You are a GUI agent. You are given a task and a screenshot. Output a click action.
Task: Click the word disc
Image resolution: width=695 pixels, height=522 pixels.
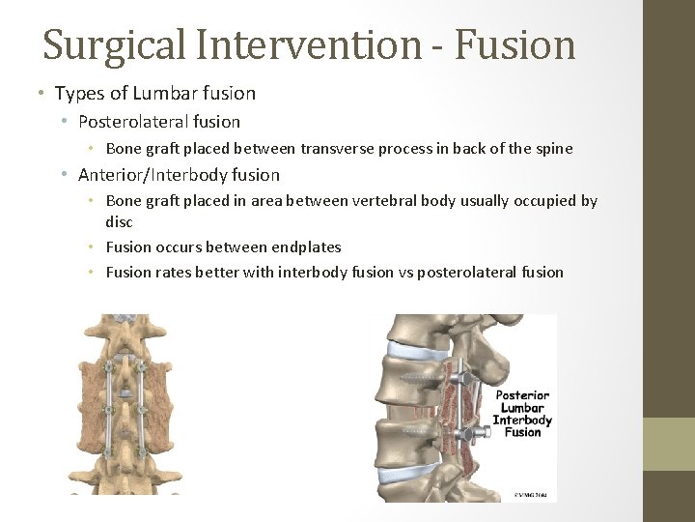point(119,221)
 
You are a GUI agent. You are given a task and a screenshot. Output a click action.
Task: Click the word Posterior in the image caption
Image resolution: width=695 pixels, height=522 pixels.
point(522,394)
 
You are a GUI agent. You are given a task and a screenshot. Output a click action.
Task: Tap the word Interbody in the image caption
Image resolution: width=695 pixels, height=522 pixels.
point(522,420)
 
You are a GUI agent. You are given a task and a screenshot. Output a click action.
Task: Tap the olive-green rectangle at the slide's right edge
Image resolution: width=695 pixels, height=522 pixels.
point(669,444)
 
